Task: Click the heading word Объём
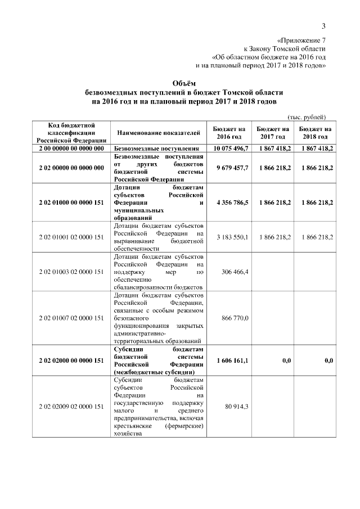click(180, 82)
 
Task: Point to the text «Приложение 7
click(301, 40)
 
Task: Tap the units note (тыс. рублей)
click(307, 117)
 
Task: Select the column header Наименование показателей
click(159, 133)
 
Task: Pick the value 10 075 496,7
click(231, 148)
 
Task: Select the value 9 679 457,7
click(232, 168)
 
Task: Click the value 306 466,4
click(237, 272)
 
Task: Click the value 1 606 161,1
click(232, 361)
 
